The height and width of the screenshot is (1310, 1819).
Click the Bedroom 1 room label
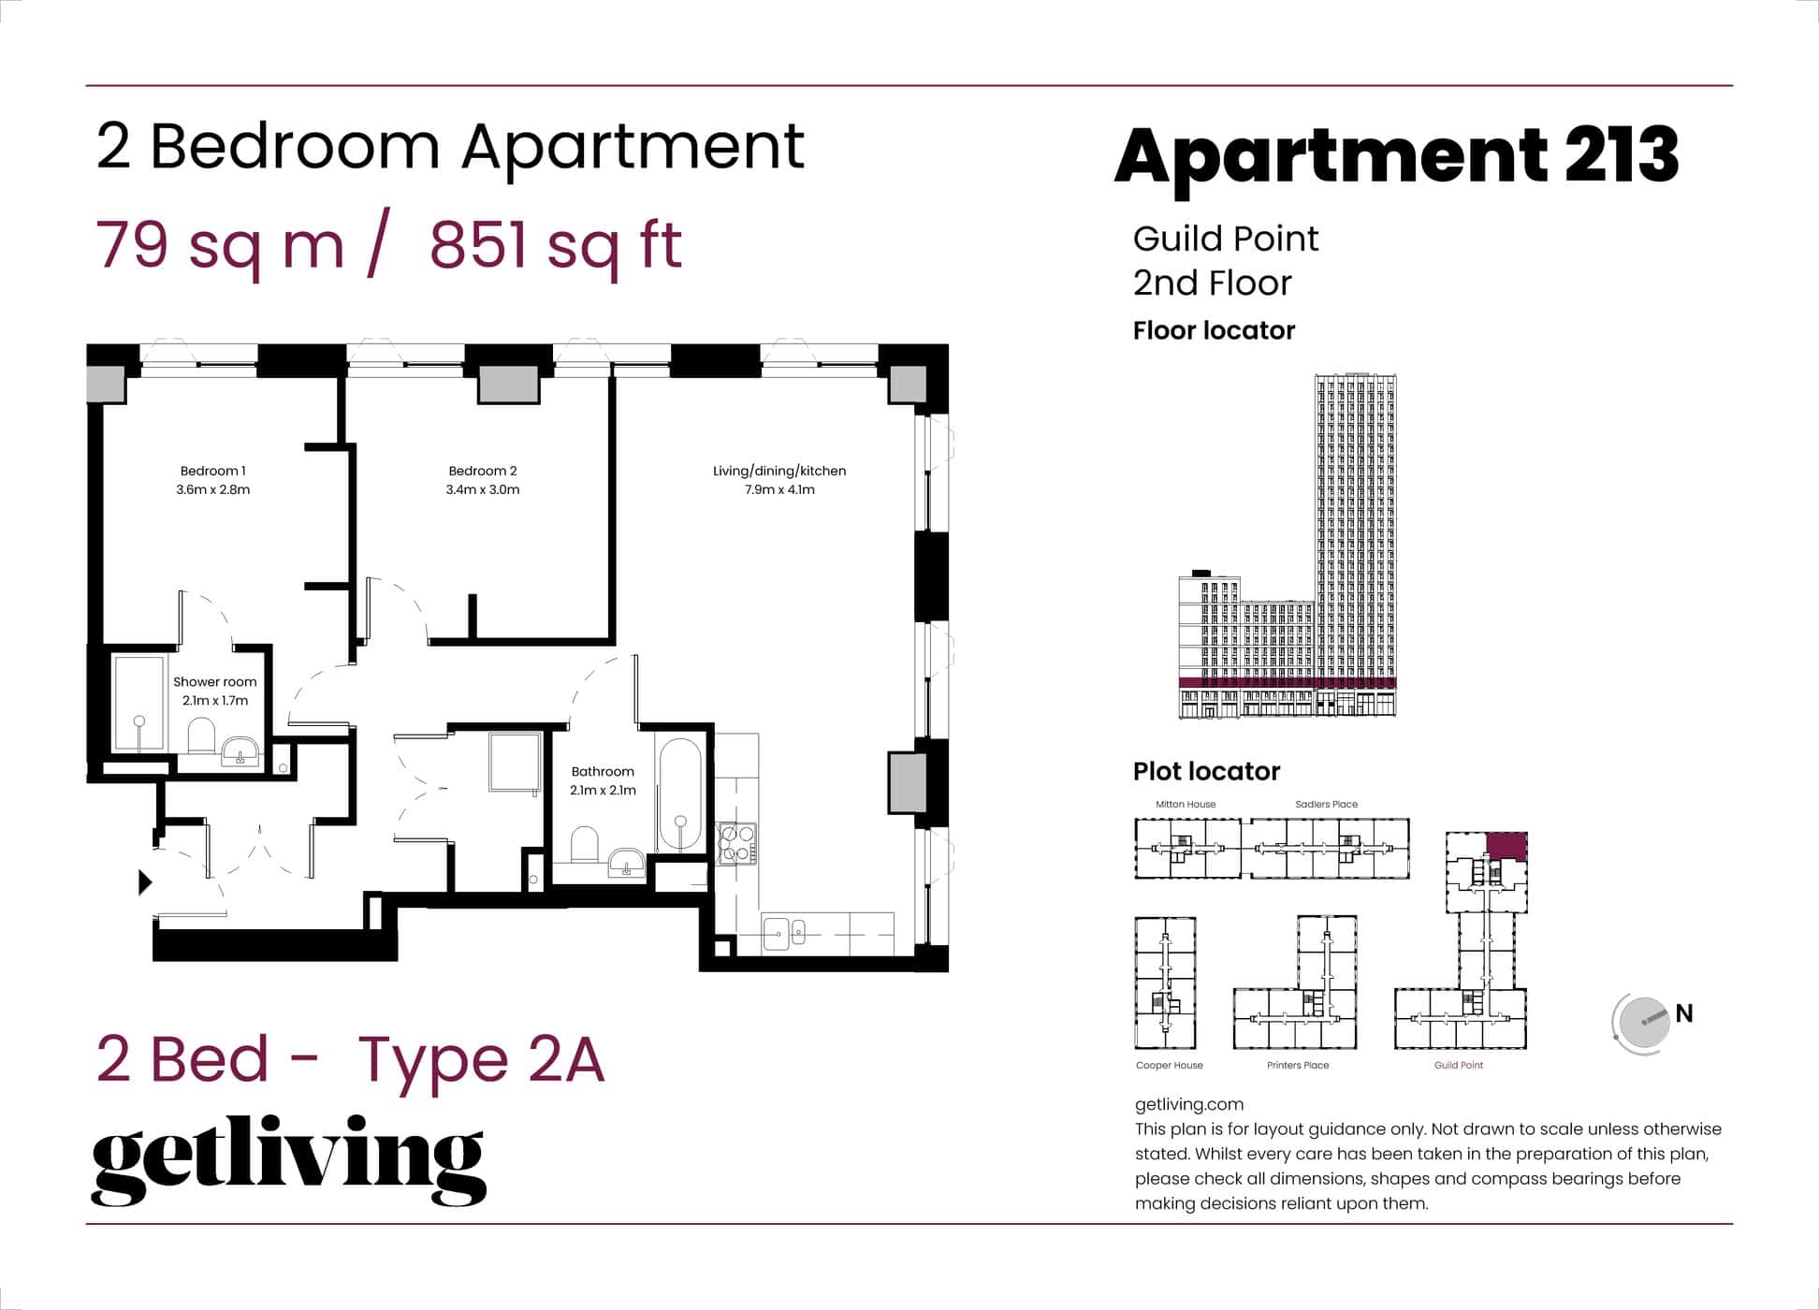pyautogui.click(x=213, y=471)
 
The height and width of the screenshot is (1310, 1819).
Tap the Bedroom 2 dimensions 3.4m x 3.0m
pyautogui.click(x=483, y=489)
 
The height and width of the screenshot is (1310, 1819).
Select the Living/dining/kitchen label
pyautogui.click(x=779, y=471)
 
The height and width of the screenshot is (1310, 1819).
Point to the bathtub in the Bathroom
pyautogui.click(x=680, y=796)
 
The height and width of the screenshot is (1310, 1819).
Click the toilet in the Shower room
pyautogui.click(x=201, y=735)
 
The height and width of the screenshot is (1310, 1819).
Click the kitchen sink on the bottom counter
pyautogui.click(x=783, y=933)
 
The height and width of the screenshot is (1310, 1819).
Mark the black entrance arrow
pyautogui.click(x=145, y=881)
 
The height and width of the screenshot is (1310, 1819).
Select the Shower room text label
pyautogui.click(x=214, y=682)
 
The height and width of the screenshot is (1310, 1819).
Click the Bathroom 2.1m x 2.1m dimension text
pyautogui.click(x=603, y=790)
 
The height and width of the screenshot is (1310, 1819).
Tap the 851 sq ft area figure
pyautogui.click(x=556, y=245)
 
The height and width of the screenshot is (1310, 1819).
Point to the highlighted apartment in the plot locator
pyautogui.click(x=1506, y=846)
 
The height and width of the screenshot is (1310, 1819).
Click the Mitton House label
pyautogui.click(x=1186, y=804)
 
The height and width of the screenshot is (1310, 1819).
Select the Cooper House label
pyautogui.click(x=1169, y=1065)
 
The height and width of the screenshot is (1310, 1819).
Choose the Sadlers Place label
pyautogui.click(x=1326, y=804)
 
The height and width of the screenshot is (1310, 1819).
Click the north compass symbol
pyautogui.click(x=1643, y=1023)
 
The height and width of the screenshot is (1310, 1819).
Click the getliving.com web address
pyautogui.click(x=1188, y=1104)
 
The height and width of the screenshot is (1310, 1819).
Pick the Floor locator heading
pyautogui.click(x=1214, y=330)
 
